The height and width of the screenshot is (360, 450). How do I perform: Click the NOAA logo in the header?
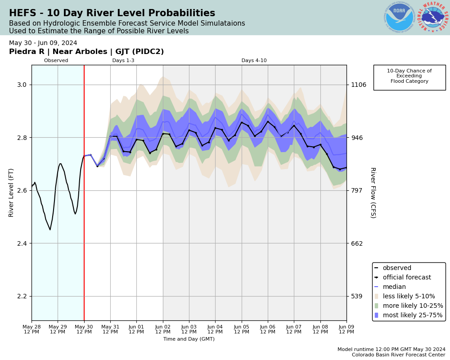(x=399, y=18)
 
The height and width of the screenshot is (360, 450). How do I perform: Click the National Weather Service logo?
(x=433, y=18)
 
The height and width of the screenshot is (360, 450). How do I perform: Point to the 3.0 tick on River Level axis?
(x=22, y=85)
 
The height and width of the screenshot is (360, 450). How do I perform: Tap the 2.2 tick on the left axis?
(x=22, y=296)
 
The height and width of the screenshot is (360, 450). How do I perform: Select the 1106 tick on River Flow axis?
(x=359, y=85)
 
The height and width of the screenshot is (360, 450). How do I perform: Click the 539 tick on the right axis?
(x=356, y=296)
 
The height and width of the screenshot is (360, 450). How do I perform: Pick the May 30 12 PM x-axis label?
(x=84, y=329)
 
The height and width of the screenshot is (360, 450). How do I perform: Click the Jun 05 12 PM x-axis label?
(x=242, y=329)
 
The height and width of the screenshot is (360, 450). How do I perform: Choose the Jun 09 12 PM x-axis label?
(x=346, y=329)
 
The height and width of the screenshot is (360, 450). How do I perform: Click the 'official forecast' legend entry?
(x=406, y=278)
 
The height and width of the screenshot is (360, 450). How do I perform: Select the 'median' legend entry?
(x=394, y=287)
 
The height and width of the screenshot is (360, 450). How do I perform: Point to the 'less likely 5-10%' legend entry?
(x=409, y=297)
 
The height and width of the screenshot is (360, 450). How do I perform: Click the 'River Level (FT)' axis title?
(x=11, y=193)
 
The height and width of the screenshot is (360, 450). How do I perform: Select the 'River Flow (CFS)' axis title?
(x=373, y=193)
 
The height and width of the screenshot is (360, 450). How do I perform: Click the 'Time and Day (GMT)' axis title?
(x=189, y=339)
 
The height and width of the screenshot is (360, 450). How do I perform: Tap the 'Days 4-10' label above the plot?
(x=254, y=61)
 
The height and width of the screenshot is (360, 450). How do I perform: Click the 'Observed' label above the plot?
(x=56, y=61)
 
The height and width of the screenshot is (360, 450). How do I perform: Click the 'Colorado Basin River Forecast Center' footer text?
(x=399, y=355)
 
